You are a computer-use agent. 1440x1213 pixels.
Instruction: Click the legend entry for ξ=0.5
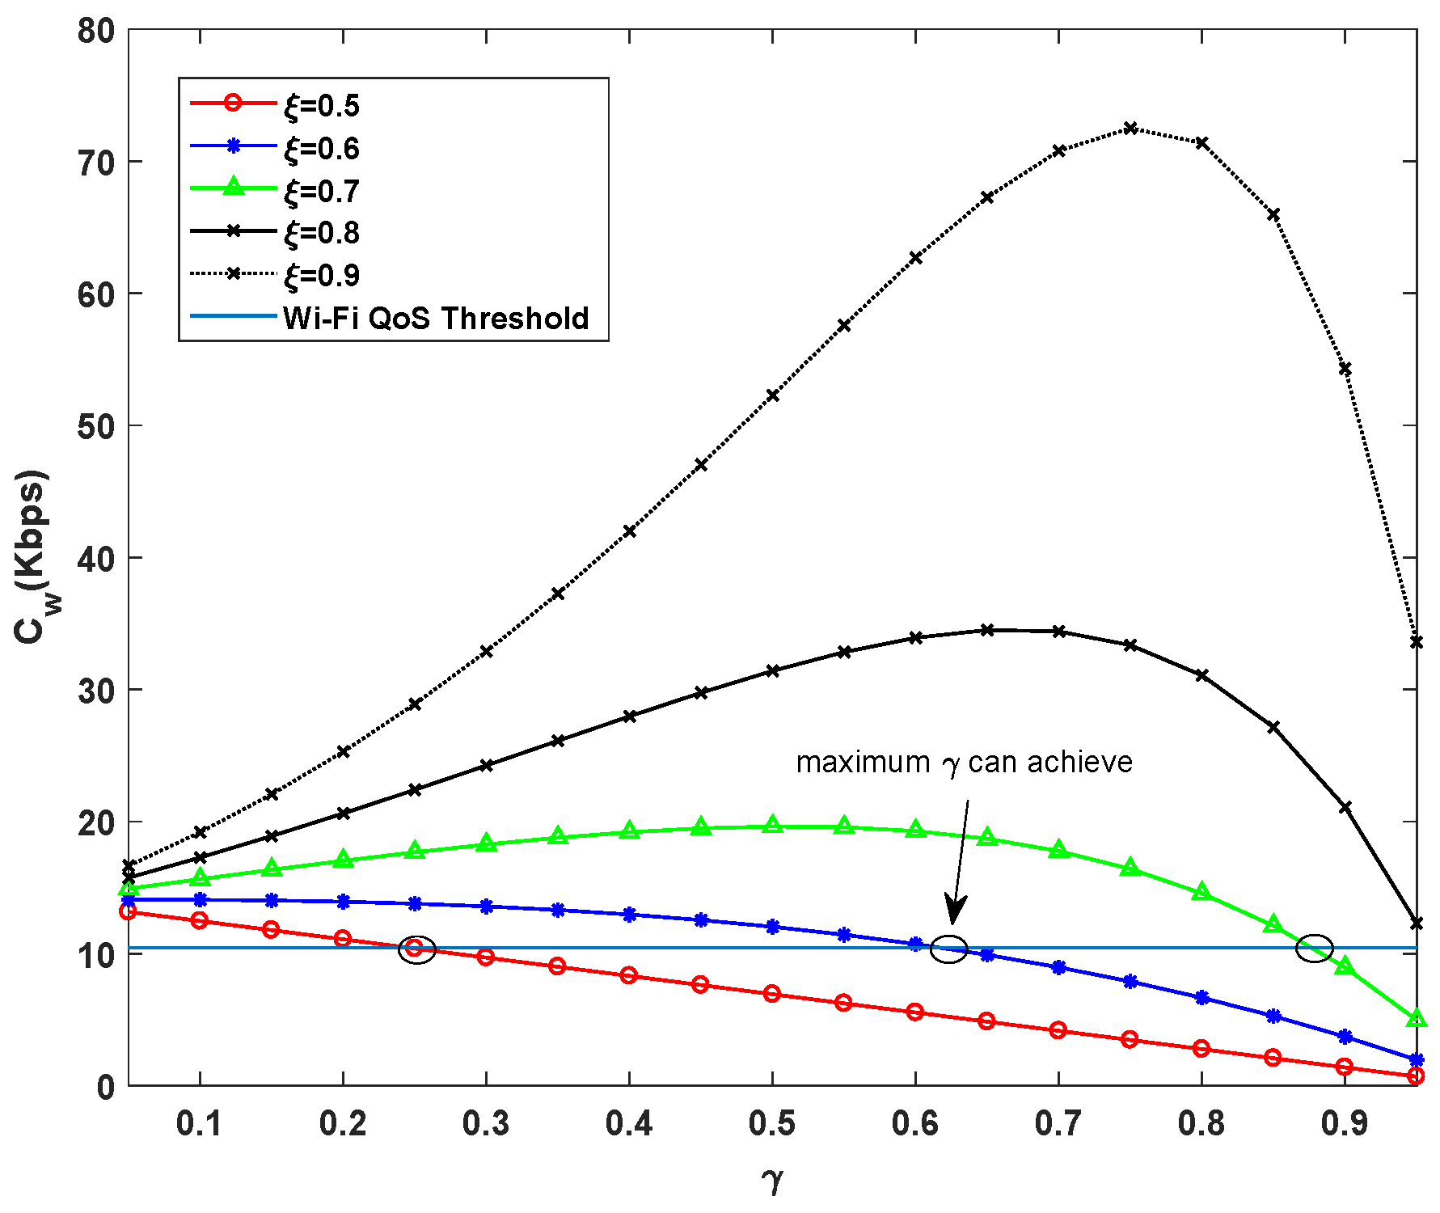point(321,106)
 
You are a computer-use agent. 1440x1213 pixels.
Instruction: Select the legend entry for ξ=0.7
point(321,191)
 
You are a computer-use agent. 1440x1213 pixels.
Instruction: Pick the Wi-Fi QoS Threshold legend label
point(436,318)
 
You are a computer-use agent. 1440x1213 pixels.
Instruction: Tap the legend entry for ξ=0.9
point(321,276)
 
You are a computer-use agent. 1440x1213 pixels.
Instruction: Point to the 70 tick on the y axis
point(96,163)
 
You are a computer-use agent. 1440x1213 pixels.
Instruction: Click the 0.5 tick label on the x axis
point(771,1123)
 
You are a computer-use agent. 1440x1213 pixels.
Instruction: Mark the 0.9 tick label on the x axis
point(1344,1123)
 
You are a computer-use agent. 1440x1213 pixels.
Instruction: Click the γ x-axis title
point(772,1180)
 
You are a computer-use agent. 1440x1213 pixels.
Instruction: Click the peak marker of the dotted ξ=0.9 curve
point(1130,128)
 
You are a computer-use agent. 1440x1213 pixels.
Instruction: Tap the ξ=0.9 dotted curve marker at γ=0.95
point(1416,642)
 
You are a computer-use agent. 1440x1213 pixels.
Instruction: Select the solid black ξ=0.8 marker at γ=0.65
point(986,630)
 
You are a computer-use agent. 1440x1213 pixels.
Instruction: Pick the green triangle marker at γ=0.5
point(772,825)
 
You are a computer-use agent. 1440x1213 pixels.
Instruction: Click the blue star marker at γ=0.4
point(629,915)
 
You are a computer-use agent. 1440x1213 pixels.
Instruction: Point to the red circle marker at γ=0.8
point(1201,1049)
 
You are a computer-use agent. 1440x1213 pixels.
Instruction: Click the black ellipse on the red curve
point(417,950)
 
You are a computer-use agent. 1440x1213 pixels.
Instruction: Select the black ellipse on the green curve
point(1314,948)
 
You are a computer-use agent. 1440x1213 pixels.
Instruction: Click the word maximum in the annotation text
point(862,763)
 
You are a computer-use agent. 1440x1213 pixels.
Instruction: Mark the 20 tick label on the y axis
point(96,822)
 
